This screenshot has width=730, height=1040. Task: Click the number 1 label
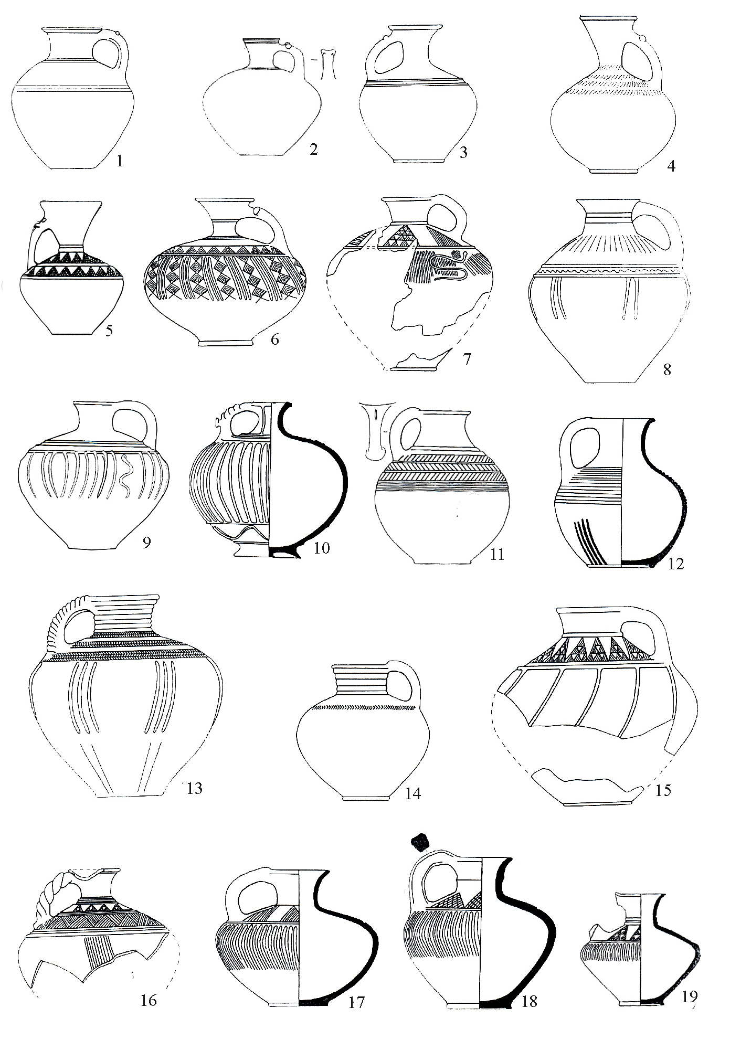click(120, 161)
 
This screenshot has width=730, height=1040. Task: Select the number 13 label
click(194, 788)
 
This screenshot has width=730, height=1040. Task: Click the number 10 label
click(321, 548)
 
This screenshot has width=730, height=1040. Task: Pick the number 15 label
click(663, 790)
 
